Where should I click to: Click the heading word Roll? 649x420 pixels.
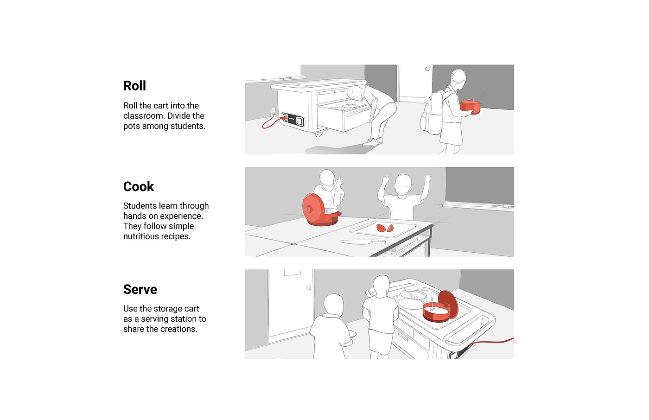pos(134,86)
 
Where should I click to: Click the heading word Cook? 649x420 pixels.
pos(138,186)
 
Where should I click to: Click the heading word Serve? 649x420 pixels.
pos(140,289)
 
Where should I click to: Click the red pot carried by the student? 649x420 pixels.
pos(470,106)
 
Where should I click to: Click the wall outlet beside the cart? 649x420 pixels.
pos(273,112)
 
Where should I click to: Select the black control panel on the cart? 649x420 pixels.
pos(293,119)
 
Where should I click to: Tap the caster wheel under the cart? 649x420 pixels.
pos(318,134)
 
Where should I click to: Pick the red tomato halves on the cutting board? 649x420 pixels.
pos(385,228)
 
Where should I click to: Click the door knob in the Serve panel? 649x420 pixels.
pos(309,288)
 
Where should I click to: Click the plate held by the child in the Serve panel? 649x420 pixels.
pos(352,334)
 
